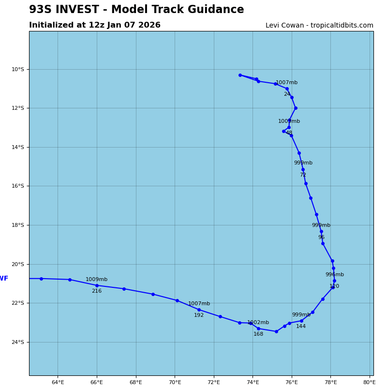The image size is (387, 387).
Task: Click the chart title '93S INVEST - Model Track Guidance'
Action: coord(136,10)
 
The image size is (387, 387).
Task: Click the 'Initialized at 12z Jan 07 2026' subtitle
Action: coord(95,25)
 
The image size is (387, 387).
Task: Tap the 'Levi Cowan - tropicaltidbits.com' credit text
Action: coord(319,26)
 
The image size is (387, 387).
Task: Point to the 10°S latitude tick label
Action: coord(17,70)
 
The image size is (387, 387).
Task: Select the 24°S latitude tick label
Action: coord(17,342)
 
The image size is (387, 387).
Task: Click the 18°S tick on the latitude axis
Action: coord(17,225)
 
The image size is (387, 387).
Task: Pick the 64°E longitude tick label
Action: coord(58,383)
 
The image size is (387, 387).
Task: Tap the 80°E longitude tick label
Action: coord(370,383)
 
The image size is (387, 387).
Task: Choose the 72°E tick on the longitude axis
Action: coord(214,383)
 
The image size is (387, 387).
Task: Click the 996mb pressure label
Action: coord(334,275)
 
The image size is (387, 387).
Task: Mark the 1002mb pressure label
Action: coord(258,323)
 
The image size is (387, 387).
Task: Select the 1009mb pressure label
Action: coord(96,280)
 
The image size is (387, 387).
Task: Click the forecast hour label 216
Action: coord(97,291)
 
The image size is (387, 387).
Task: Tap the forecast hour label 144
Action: coord(301,327)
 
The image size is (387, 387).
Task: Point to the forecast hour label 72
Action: coord(303,175)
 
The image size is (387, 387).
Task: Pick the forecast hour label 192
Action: coord(199,315)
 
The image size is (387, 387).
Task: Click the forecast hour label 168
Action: coord(258,334)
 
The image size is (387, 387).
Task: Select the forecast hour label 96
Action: coord(321,238)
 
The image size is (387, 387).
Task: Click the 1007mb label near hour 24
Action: coord(286,83)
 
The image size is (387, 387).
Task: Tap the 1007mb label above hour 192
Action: coord(199,304)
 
